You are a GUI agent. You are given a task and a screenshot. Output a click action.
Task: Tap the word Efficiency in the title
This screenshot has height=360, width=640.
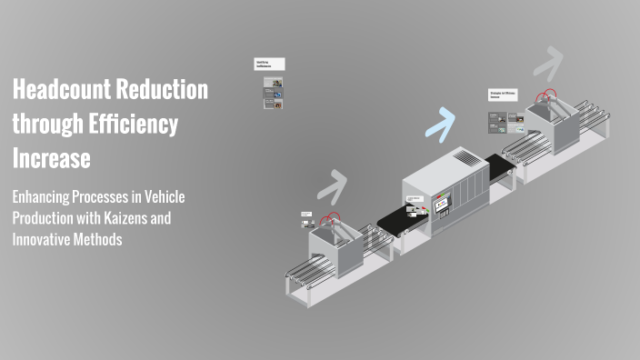[133, 125]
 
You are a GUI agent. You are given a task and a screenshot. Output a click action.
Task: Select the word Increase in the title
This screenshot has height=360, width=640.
[51, 159]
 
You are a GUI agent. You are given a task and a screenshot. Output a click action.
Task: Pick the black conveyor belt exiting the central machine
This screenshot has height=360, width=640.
[500, 166]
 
